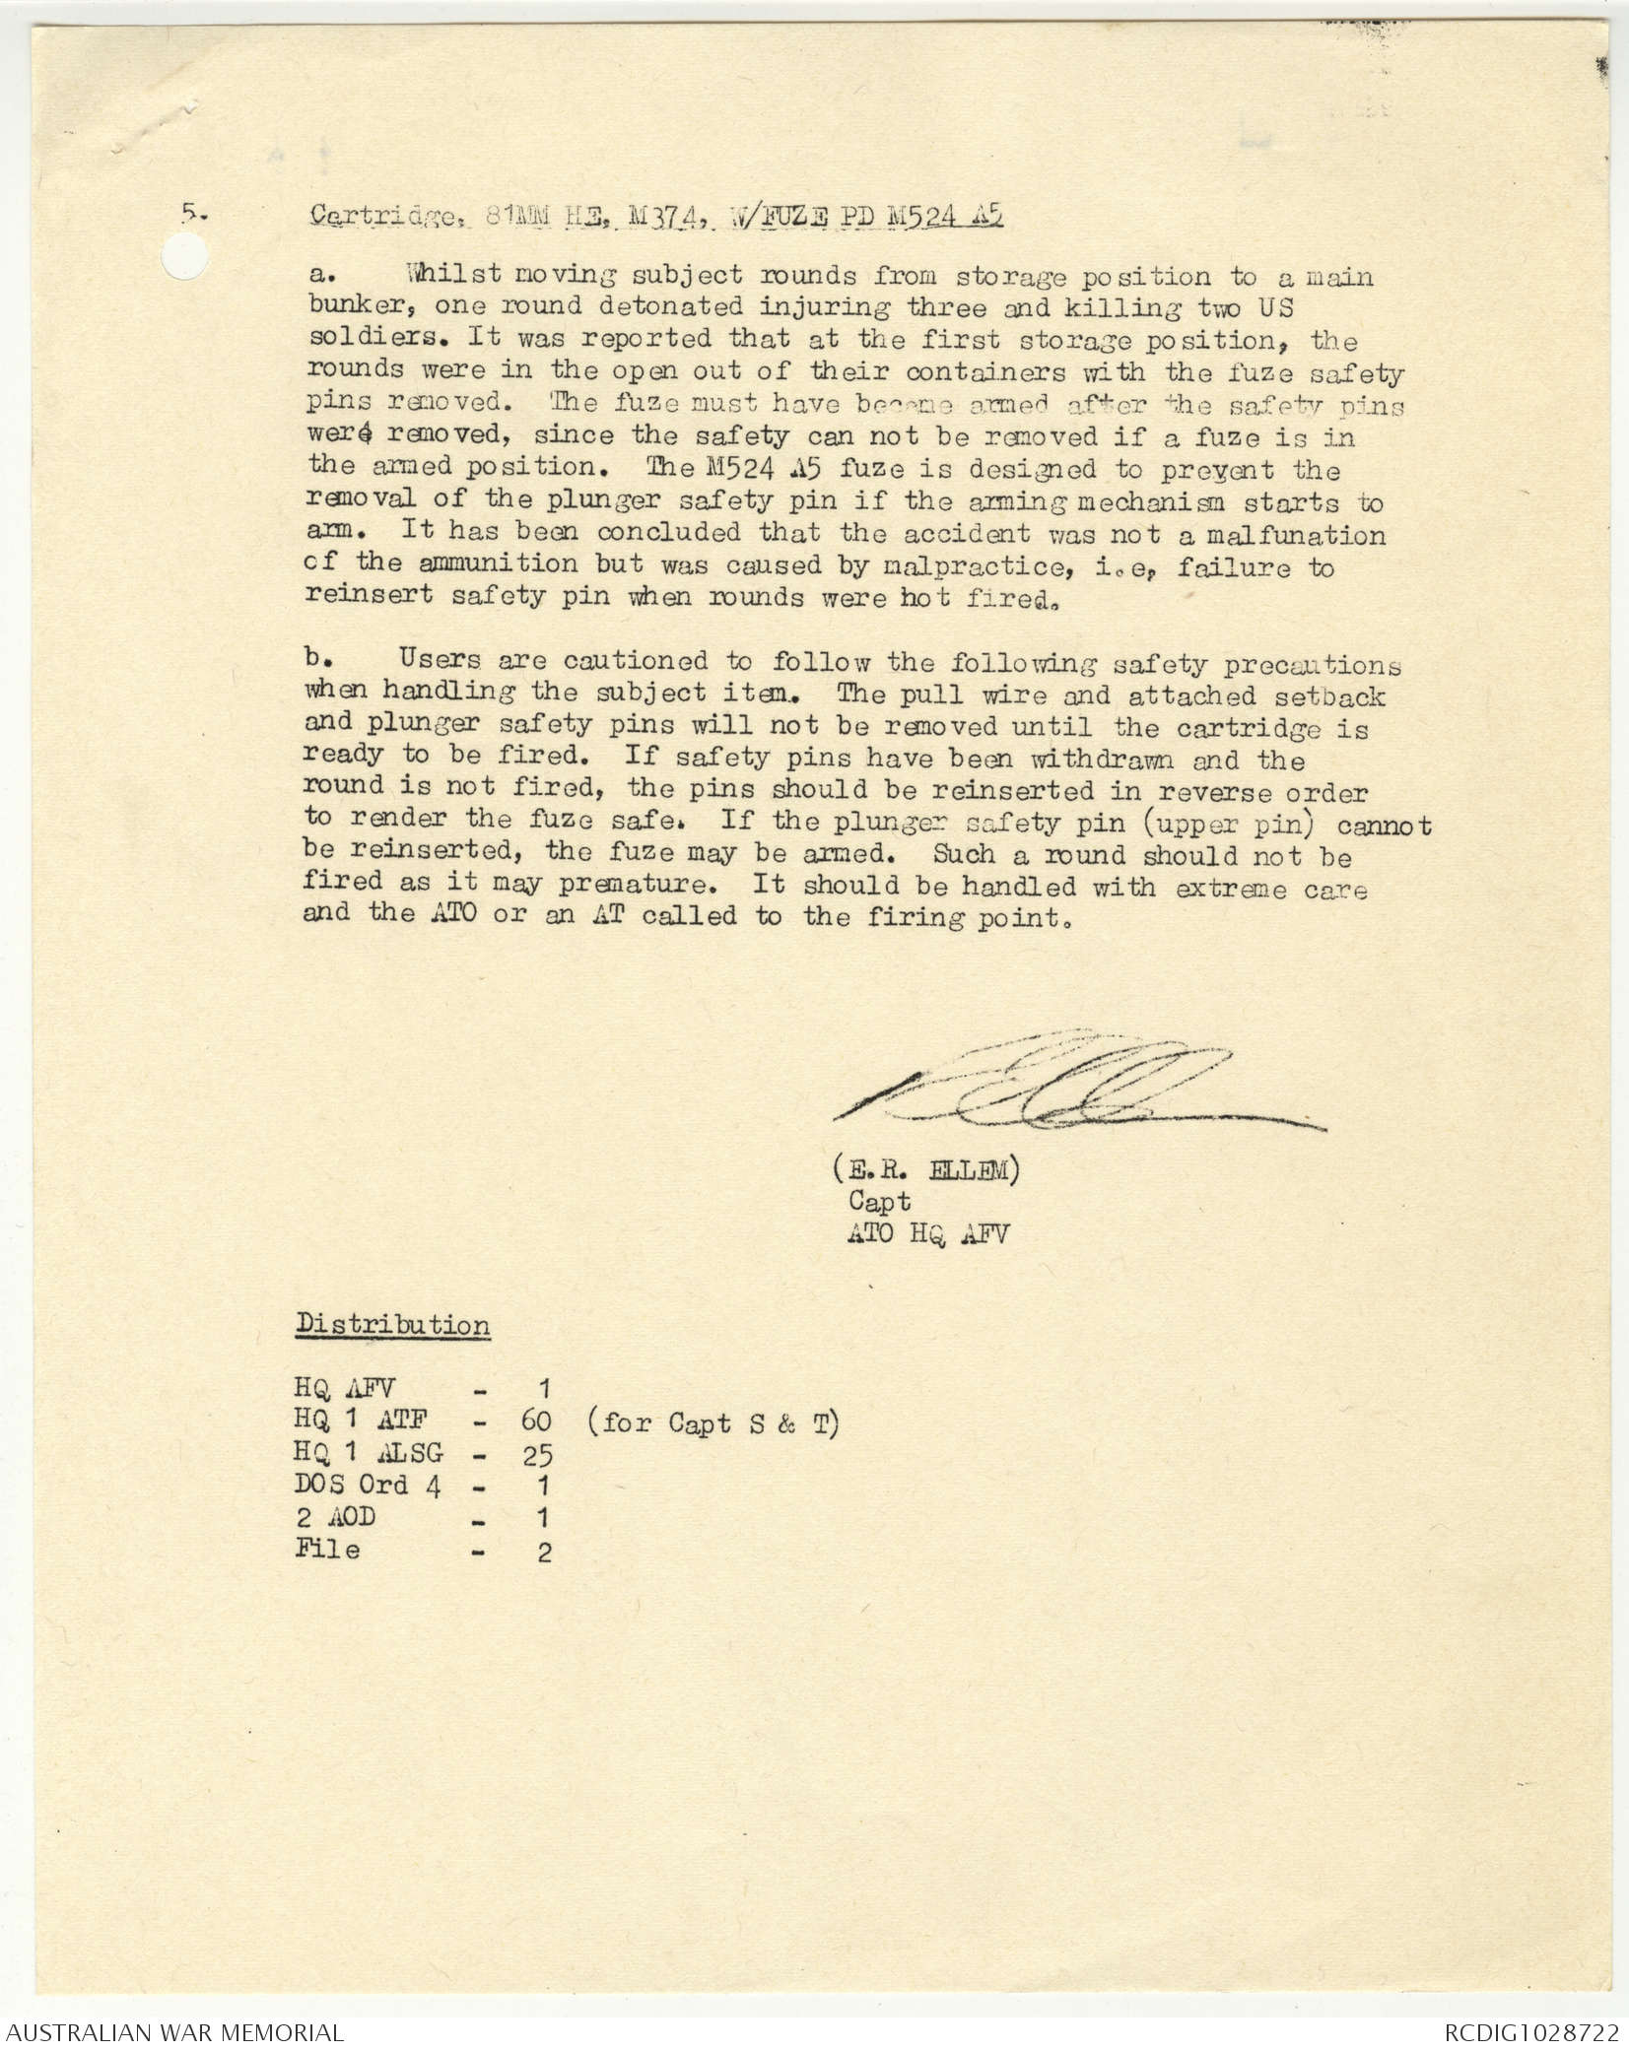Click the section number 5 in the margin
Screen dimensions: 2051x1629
click(187, 211)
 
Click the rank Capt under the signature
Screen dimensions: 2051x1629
click(879, 1201)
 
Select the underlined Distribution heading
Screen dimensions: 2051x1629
click(393, 1324)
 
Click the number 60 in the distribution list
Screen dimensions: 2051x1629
click(537, 1422)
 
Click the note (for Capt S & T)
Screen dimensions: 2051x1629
click(712, 1422)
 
